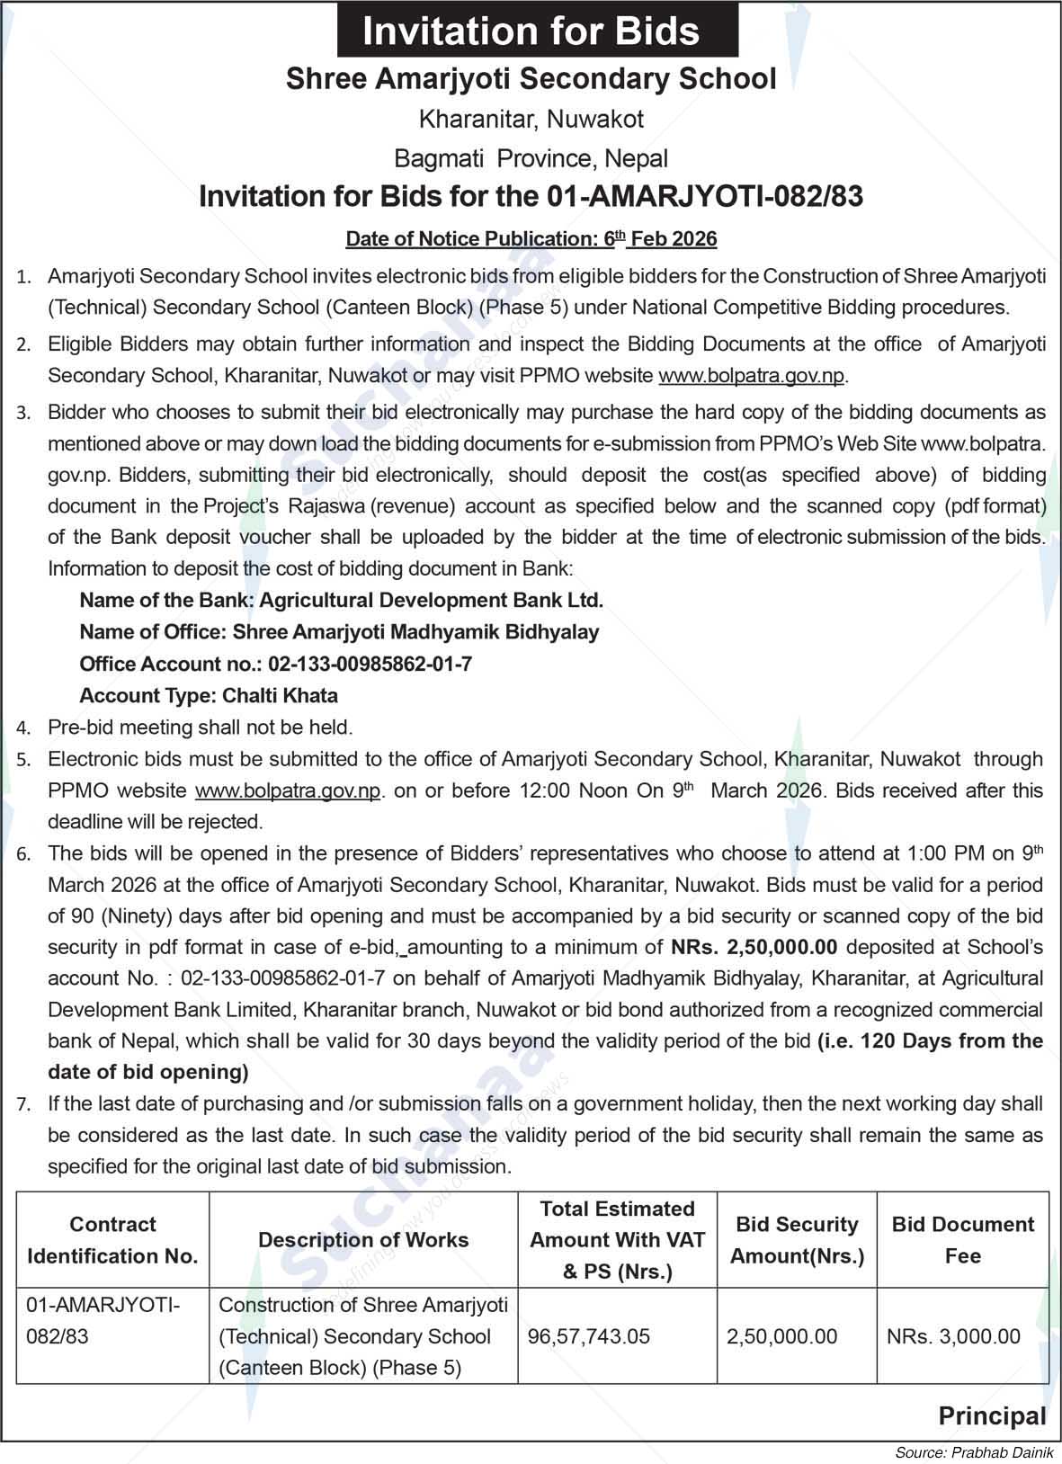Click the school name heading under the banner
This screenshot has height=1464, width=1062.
coord(531,79)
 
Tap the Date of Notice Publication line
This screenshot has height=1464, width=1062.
coord(531,238)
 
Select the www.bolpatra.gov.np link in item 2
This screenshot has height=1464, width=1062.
coord(752,376)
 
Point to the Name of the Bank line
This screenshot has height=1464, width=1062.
coord(342,601)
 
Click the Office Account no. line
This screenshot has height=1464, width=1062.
coord(275,665)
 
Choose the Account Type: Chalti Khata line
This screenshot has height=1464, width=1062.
coord(209,696)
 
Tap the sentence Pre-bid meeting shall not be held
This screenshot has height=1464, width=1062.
coord(200,728)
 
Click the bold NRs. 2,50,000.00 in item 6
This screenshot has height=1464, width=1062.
coord(754,947)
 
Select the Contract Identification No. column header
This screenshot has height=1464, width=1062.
coord(112,1240)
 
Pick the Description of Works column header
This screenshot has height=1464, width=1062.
coord(363,1240)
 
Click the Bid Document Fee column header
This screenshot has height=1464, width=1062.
coord(962,1240)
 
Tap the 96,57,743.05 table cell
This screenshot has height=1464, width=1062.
coord(589,1336)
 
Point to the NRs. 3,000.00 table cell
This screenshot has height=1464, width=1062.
coord(953,1336)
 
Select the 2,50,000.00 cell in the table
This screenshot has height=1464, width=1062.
coord(781,1336)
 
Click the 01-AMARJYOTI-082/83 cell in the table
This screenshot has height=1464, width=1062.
coord(103,1320)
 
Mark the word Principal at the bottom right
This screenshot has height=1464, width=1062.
coord(992,1416)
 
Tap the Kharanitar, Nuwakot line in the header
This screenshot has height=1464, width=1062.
coord(531,119)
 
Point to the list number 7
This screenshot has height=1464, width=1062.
coord(23,1105)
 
